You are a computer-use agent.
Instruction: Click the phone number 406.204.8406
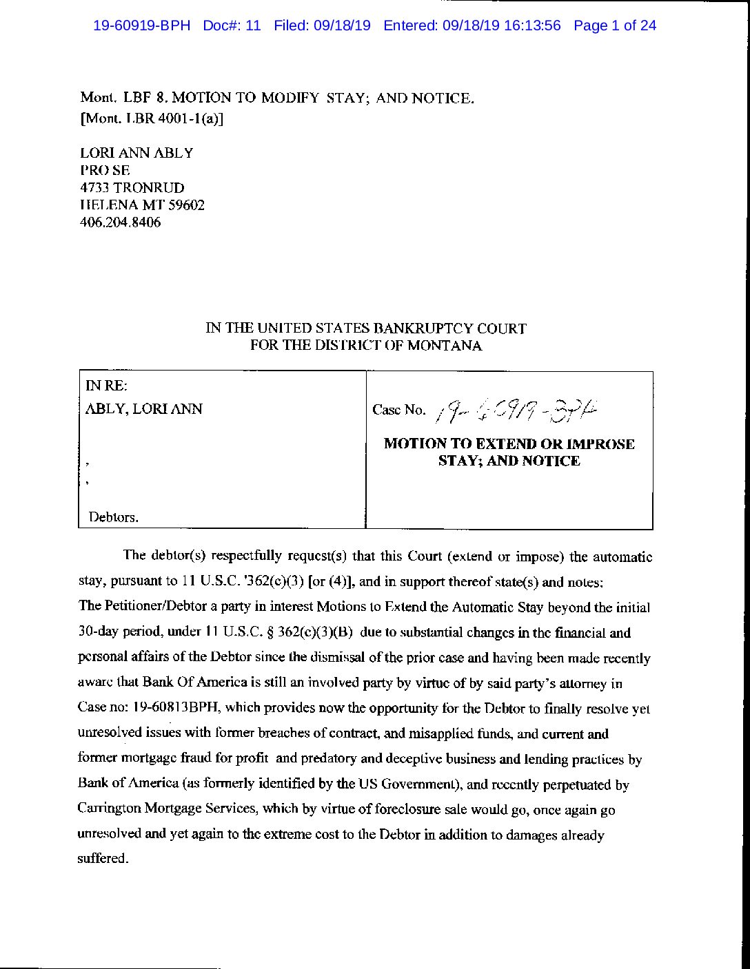click(x=121, y=222)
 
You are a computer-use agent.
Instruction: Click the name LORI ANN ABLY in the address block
click(x=136, y=153)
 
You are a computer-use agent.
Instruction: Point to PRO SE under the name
click(x=105, y=170)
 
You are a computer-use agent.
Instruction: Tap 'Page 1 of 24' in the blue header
click(x=615, y=26)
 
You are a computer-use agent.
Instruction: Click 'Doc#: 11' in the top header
click(x=232, y=26)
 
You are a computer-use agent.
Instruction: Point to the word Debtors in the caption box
click(x=113, y=517)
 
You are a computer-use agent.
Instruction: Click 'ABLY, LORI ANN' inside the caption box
click(x=143, y=409)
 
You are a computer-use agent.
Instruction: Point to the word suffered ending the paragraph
click(x=103, y=859)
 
